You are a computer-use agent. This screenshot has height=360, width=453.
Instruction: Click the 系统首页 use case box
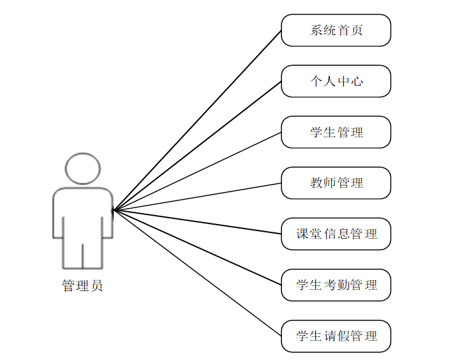pos(336,30)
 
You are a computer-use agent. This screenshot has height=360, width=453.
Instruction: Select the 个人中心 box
pos(336,81)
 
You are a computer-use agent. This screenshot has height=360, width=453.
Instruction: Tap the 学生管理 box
pos(336,132)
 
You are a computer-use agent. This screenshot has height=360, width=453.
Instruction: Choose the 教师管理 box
pos(336,183)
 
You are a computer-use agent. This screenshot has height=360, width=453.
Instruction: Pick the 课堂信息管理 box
pos(336,234)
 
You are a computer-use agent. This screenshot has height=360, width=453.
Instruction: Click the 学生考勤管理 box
pos(336,285)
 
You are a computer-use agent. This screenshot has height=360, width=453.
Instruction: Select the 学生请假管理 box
pos(336,336)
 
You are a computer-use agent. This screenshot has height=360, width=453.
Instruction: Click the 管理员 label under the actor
pos(82,286)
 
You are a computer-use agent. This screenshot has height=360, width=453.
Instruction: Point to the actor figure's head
pos(83,168)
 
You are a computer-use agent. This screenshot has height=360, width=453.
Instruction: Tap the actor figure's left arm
pos(58,214)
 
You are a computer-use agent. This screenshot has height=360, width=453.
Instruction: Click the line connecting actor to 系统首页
pos(197,120)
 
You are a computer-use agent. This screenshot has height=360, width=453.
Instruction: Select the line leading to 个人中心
pos(197,146)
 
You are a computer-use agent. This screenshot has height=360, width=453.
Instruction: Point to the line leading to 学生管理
pos(197,171)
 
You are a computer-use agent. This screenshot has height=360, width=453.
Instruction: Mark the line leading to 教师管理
pos(197,197)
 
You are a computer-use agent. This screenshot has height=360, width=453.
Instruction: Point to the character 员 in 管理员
pos(96,286)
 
